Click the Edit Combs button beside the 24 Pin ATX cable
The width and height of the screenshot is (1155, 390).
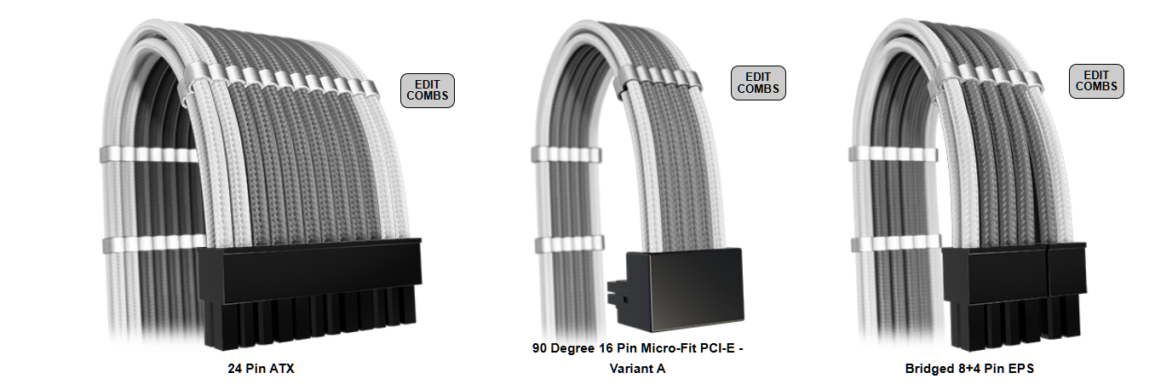click(428, 90)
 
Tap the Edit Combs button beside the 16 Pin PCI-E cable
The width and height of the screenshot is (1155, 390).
click(758, 83)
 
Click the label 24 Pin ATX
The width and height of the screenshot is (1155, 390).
click(261, 369)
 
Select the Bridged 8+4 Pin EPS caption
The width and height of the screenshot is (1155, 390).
click(969, 369)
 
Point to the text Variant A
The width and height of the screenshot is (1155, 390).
click(637, 369)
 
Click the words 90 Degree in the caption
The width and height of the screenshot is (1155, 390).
click(563, 348)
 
